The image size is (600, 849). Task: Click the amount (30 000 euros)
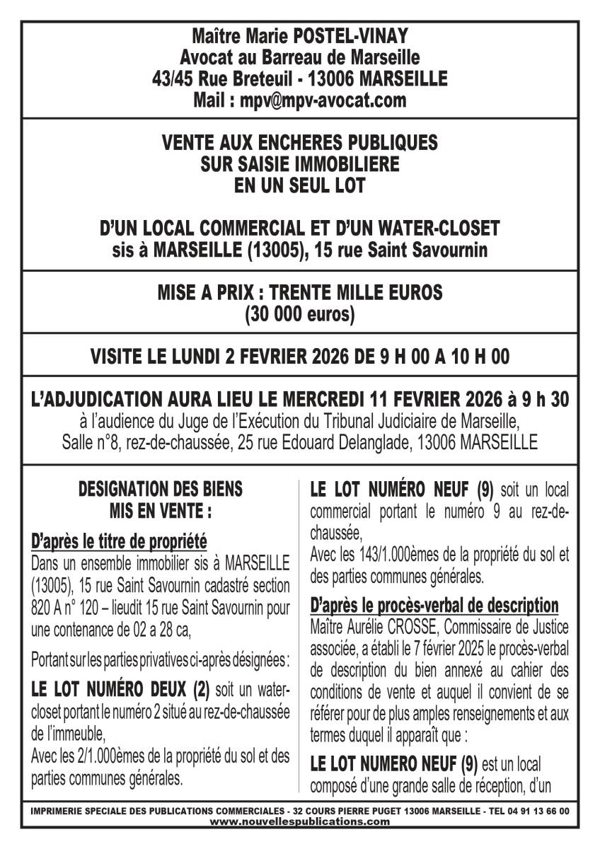[299, 314]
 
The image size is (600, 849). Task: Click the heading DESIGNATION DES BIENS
[160, 489]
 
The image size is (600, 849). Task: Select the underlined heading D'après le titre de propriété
[120, 543]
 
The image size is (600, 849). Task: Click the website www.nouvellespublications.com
[300, 821]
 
